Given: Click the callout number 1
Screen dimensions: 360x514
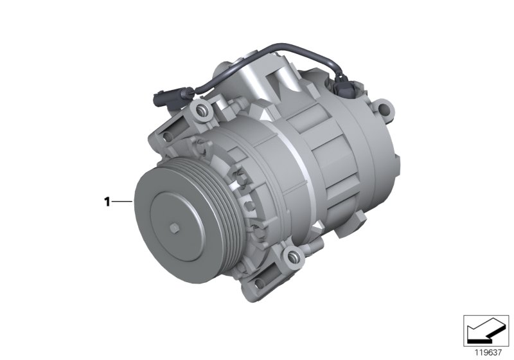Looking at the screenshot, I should pos(107,202).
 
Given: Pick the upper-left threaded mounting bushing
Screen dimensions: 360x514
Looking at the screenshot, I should pos(202,112).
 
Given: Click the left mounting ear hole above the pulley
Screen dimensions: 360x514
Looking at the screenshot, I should pos(168,136).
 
